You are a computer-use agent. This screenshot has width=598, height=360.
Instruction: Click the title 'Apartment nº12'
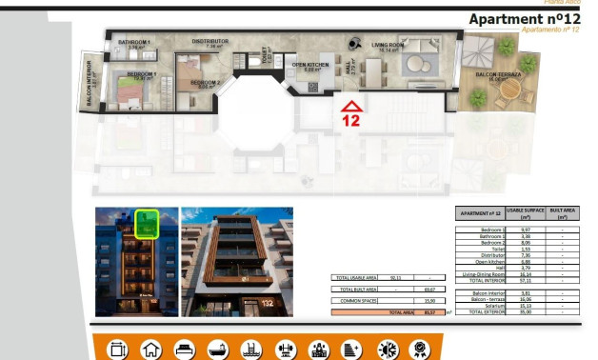[525, 19]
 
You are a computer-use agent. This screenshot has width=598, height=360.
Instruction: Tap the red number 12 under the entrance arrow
[351, 121]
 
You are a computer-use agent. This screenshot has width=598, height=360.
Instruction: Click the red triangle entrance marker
[351, 106]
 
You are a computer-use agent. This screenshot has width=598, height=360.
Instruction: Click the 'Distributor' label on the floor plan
[209, 42]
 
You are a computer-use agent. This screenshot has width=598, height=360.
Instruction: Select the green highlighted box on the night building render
[145, 223]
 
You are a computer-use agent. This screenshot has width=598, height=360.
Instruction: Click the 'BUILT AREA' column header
[563, 212]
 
